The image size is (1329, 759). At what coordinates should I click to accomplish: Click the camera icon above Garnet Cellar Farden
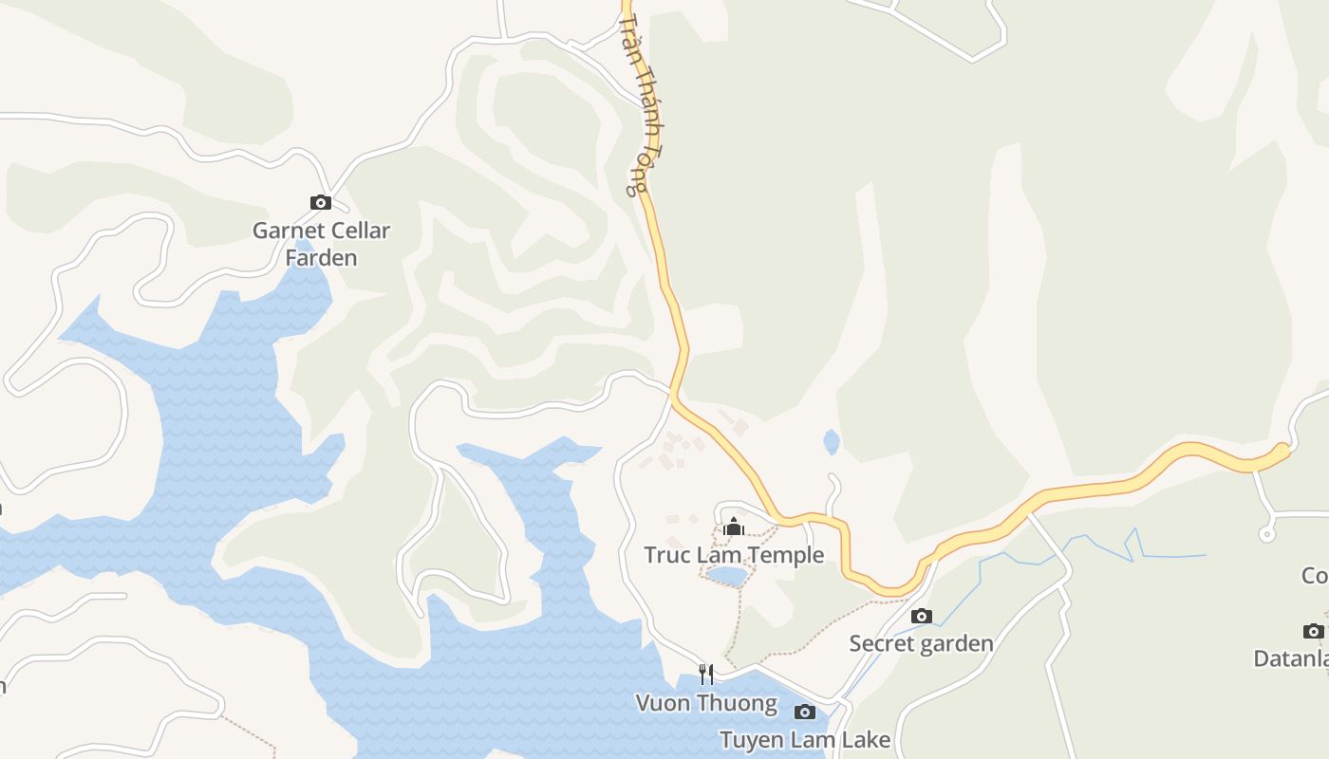[321, 202]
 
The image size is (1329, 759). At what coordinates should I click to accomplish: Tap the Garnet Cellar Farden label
[321, 244]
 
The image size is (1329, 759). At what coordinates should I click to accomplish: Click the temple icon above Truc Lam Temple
[733, 527]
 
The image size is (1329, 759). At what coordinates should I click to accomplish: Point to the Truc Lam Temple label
[734, 555]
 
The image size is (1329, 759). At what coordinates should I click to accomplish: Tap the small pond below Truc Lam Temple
[727, 576]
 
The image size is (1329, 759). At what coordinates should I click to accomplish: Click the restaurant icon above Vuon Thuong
[705, 675]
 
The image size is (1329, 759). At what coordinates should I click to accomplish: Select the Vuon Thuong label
[706, 703]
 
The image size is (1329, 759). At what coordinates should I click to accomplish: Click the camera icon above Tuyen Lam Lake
[804, 712]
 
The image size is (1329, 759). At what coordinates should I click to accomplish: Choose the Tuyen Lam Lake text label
[805, 740]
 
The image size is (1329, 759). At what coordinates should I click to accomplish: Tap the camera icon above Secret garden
[921, 617]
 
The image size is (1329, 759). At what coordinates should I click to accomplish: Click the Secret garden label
[921, 643]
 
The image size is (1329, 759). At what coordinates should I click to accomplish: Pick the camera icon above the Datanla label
[1313, 631]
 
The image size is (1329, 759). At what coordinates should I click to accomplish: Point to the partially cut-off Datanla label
[1291, 658]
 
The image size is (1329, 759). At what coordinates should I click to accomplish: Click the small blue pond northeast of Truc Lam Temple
[832, 442]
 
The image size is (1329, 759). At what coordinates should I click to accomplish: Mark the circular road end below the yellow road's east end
[1266, 535]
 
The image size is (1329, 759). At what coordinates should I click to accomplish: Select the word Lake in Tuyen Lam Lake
[868, 740]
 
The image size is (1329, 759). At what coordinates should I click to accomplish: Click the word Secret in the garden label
[880, 643]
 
